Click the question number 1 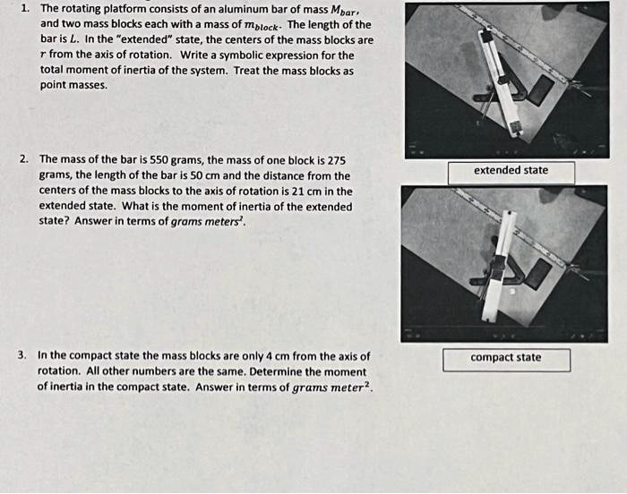pyautogui.click(x=24, y=8)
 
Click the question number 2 pyautogui.click(x=24, y=158)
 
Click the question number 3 pyautogui.click(x=22, y=355)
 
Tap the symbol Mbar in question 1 pyautogui.click(x=338, y=9)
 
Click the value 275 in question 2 pyautogui.click(x=335, y=158)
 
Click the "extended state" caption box pyautogui.click(x=511, y=171)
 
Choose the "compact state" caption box pyautogui.click(x=506, y=358)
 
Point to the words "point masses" pyautogui.click(x=74, y=86)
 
